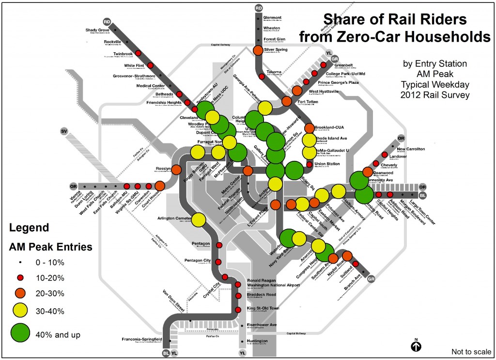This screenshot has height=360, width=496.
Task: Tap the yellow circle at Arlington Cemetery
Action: pos(198,220)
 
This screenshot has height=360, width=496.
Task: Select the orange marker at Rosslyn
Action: pos(176,170)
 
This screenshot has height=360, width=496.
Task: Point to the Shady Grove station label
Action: pos(97,30)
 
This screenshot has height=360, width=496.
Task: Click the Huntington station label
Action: pos(257,342)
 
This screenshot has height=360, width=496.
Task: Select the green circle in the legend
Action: pos(20,333)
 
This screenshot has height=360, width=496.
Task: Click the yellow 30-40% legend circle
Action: pos(20,311)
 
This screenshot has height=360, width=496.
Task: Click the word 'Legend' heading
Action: pos(30,227)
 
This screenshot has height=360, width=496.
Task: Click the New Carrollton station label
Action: pos(411,149)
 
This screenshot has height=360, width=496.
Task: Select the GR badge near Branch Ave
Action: pos(372,279)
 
